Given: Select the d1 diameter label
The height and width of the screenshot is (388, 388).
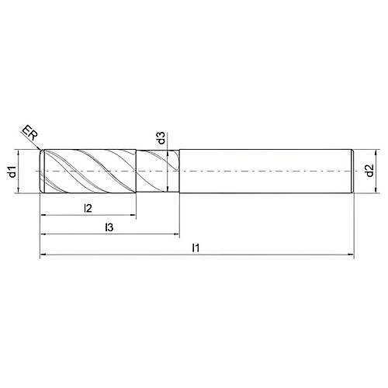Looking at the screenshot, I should pyautogui.click(x=13, y=171).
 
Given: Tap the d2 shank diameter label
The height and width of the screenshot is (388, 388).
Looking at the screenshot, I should pyautogui.click(x=373, y=171).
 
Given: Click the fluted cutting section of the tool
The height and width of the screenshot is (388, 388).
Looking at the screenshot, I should pyautogui.click(x=89, y=171).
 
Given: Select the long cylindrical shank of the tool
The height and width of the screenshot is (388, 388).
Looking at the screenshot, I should pyautogui.click(x=264, y=171).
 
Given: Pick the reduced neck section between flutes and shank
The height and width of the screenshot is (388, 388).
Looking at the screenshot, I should pyautogui.click(x=158, y=171).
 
